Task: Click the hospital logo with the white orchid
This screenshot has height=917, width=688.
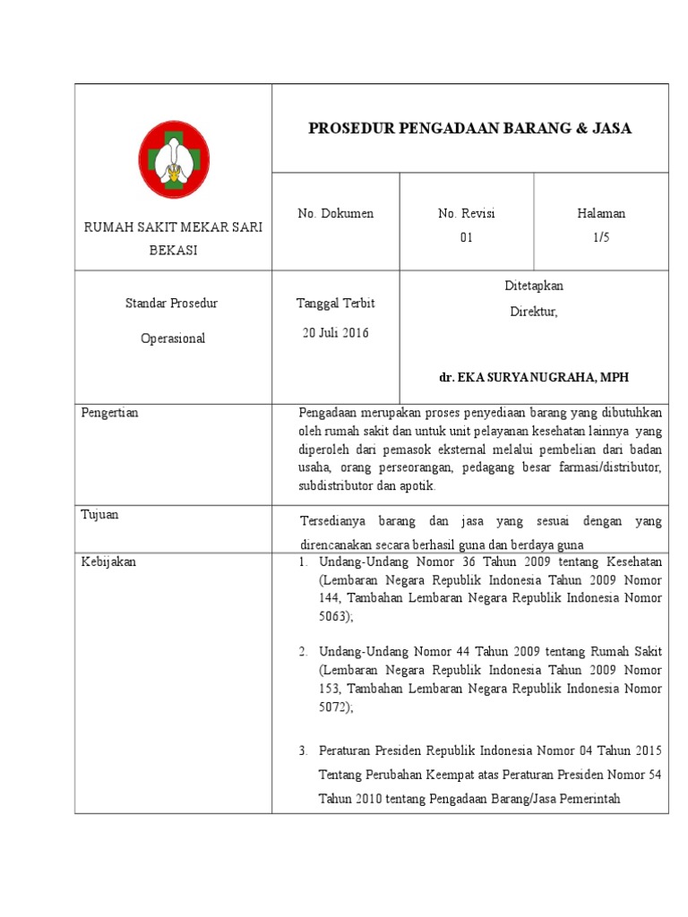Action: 174,159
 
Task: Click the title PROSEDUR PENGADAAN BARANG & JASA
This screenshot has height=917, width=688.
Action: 469,128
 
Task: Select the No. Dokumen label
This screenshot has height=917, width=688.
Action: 336,213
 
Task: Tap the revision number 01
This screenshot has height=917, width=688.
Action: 466,237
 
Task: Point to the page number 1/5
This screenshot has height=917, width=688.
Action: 601,237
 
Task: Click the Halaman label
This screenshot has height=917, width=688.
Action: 601,213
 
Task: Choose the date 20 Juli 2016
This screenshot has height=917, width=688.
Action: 336,333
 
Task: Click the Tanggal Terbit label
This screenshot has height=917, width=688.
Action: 336,303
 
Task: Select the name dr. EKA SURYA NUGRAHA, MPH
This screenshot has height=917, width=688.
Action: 534,378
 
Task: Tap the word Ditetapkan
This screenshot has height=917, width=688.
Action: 534,286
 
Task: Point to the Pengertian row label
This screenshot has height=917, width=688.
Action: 110,413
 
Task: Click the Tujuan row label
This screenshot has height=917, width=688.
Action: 99,515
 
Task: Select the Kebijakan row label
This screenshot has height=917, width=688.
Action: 108,562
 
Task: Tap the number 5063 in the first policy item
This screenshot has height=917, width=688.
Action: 334,616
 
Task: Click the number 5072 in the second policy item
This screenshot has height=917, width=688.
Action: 334,707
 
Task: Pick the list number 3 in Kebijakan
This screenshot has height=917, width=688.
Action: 303,750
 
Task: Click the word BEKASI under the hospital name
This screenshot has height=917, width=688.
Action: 173,250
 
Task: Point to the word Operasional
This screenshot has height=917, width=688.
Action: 173,339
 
